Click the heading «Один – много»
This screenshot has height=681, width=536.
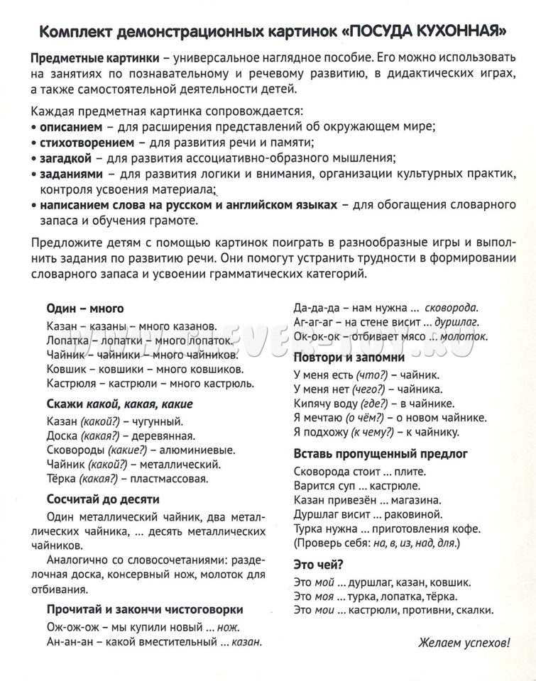tap(85, 309)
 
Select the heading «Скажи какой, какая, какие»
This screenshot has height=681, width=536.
tap(119, 404)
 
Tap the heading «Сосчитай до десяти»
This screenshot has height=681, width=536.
tap(103, 499)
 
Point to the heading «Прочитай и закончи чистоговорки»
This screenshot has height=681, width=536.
tap(146, 609)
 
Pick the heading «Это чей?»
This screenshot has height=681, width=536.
tap(319, 564)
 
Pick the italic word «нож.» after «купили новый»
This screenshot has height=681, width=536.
tap(227, 627)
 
